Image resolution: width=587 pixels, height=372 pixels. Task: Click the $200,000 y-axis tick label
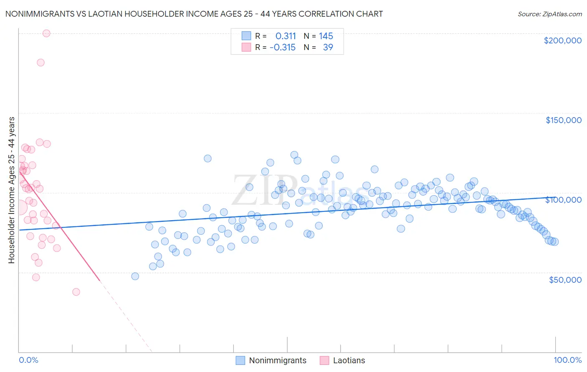point(562,40)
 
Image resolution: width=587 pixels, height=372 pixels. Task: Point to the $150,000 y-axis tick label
point(563,120)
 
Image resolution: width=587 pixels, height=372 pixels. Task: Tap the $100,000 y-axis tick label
point(563,200)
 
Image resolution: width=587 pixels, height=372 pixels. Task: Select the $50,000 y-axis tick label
point(565,279)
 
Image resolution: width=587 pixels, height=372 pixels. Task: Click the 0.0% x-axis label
point(28,360)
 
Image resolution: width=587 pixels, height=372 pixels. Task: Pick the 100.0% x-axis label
point(567,360)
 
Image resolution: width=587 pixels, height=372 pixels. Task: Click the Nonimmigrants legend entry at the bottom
point(277,360)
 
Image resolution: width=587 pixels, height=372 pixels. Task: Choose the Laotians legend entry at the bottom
point(349,360)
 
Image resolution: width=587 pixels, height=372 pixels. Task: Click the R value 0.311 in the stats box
point(286,36)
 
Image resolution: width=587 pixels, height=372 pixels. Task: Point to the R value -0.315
point(283,48)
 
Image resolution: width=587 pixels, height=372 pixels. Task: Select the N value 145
point(326,36)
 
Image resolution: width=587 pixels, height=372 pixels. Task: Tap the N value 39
point(328,48)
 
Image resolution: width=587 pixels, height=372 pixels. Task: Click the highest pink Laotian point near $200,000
point(46,33)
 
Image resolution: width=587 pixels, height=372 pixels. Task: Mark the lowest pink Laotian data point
point(76,292)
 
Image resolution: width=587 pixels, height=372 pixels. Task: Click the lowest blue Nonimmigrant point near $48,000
point(135,276)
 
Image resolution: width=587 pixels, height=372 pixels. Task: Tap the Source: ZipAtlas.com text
point(549,14)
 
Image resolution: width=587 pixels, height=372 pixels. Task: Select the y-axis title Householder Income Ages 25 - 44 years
point(11,190)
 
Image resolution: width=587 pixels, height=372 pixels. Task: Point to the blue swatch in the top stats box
point(246,36)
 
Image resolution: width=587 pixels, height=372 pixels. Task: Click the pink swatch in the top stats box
point(246,47)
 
